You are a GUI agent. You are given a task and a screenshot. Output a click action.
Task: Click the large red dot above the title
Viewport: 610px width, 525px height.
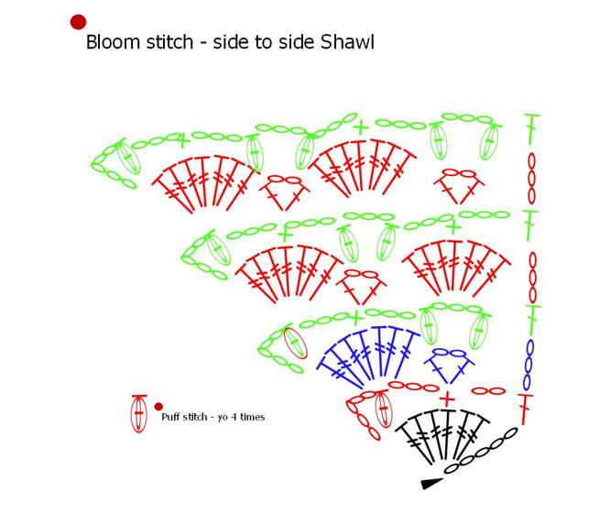[x=78, y=22]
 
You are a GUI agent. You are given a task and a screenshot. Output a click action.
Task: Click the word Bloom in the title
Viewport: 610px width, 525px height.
[x=108, y=42]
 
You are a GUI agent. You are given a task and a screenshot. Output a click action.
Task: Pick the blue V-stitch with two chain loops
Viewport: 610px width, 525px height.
[x=448, y=364]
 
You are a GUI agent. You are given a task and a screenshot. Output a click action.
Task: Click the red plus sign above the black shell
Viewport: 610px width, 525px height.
[x=447, y=398]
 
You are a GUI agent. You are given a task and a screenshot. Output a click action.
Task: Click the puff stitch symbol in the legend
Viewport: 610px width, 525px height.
[x=139, y=413]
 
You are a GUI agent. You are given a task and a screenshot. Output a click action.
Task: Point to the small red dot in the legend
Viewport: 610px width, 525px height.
[x=158, y=406]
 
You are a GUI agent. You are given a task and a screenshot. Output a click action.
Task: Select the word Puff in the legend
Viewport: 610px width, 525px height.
[x=170, y=417]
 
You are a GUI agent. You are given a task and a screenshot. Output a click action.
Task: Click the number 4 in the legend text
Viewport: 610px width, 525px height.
[x=237, y=417]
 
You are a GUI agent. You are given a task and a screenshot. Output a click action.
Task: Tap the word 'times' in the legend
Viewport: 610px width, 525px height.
[x=254, y=417]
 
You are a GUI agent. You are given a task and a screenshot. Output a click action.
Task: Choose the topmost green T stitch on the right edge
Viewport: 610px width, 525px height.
[x=530, y=128]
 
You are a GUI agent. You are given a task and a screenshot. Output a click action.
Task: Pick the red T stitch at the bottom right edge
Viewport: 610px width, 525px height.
[x=525, y=408]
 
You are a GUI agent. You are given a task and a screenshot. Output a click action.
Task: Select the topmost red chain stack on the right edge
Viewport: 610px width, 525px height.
[x=531, y=178]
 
